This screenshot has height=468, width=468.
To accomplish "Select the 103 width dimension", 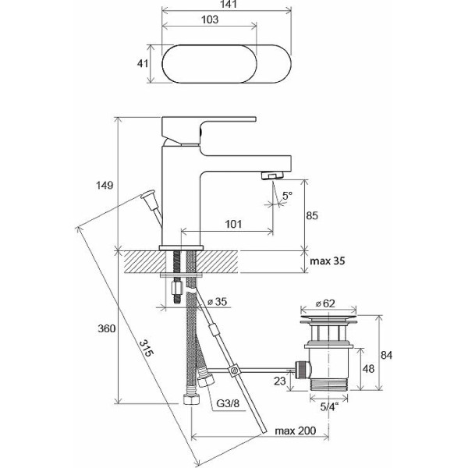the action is coord(210,19).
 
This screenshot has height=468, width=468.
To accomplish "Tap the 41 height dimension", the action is coord(142,64).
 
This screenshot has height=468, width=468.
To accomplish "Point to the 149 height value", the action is coord(105,186).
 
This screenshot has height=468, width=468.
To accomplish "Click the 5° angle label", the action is coord(287,196).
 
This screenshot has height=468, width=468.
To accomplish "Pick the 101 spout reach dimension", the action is coord(233,224).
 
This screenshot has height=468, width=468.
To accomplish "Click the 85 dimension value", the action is coord(312,215).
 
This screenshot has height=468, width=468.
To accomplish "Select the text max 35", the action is coord(327,261).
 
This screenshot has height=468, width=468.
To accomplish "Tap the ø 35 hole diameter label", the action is coord(218,302).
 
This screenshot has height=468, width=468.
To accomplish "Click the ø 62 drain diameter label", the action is coord(325,303).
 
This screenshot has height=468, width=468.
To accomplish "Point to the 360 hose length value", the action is coord(107,328).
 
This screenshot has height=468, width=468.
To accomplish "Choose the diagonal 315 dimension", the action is coord(147,348).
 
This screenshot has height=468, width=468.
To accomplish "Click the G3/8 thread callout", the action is coord(228,404).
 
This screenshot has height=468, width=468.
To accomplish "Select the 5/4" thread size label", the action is coord(329,407).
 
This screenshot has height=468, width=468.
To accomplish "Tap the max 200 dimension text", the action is coord(295,431).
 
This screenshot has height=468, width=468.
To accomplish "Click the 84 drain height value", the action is coord(386,355).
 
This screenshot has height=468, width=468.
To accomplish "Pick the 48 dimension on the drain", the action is coord(368,369).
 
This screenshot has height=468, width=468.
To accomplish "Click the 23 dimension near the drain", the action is coord(280,381).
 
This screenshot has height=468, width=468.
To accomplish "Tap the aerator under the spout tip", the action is coord(271,175).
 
